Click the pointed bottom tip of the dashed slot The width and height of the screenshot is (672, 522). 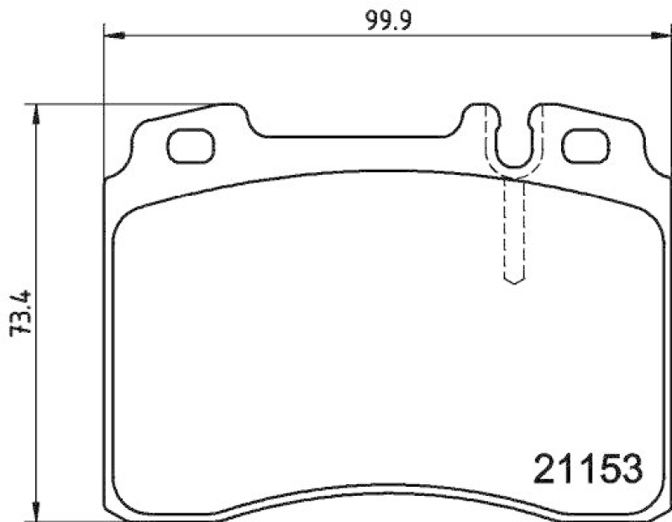click(513, 282)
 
